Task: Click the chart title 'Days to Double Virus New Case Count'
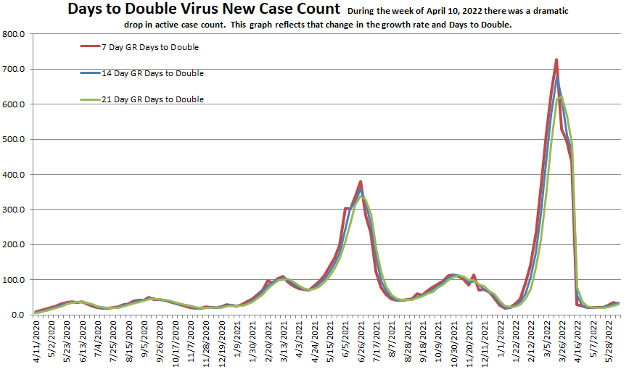203,9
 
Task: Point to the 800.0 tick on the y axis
15,35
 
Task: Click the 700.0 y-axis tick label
15,70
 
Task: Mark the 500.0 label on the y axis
15,140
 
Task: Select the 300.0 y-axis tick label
15,210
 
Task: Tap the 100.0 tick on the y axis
15,280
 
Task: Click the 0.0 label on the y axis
19,315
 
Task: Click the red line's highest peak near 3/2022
556,59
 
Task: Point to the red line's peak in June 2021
361,181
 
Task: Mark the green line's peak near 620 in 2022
561,97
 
